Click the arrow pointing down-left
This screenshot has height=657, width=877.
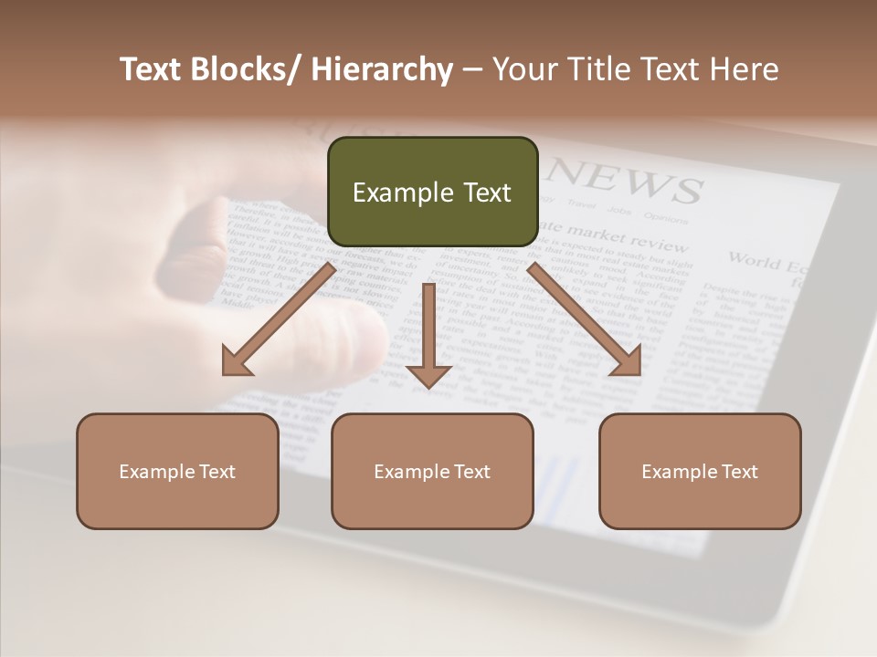pos(279,318)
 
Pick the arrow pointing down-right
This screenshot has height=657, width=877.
pos(585,318)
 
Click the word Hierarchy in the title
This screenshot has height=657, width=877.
pos(382,70)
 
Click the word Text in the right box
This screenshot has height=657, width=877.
pos(738,472)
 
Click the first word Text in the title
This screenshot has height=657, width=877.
pos(150,70)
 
